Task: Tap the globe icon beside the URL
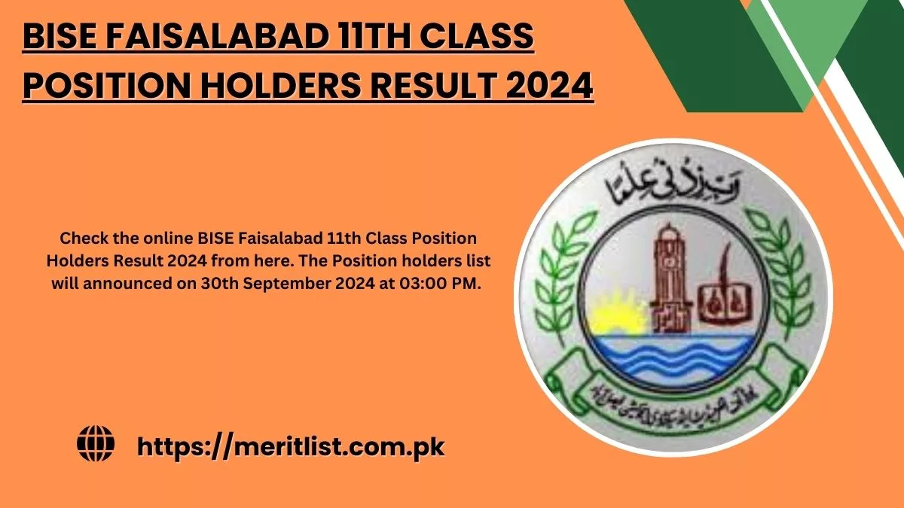coord(96,445)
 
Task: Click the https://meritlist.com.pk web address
coord(291,446)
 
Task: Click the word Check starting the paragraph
coord(81,239)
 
